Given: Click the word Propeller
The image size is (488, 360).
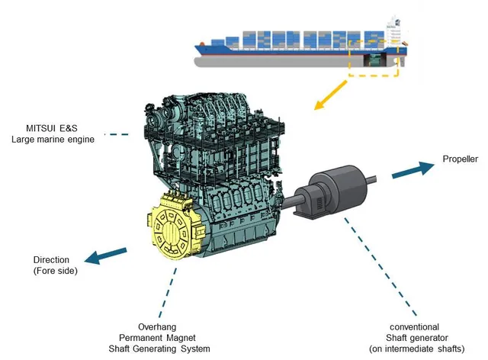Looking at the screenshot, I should tap(460, 159).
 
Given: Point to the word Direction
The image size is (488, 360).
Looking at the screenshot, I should tap(51, 259).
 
